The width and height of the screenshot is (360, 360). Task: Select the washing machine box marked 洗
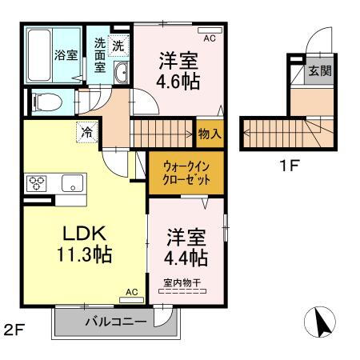pos(118,47)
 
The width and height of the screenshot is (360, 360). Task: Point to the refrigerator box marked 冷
pos(85,132)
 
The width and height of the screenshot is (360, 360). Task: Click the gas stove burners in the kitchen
pos(37,182)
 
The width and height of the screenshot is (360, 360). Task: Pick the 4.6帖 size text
pos(178,81)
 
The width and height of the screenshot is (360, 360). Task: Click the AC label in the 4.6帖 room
pos(210,38)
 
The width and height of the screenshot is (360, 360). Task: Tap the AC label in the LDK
pos(132,293)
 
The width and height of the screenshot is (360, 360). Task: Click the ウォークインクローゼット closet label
pos(187,174)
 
